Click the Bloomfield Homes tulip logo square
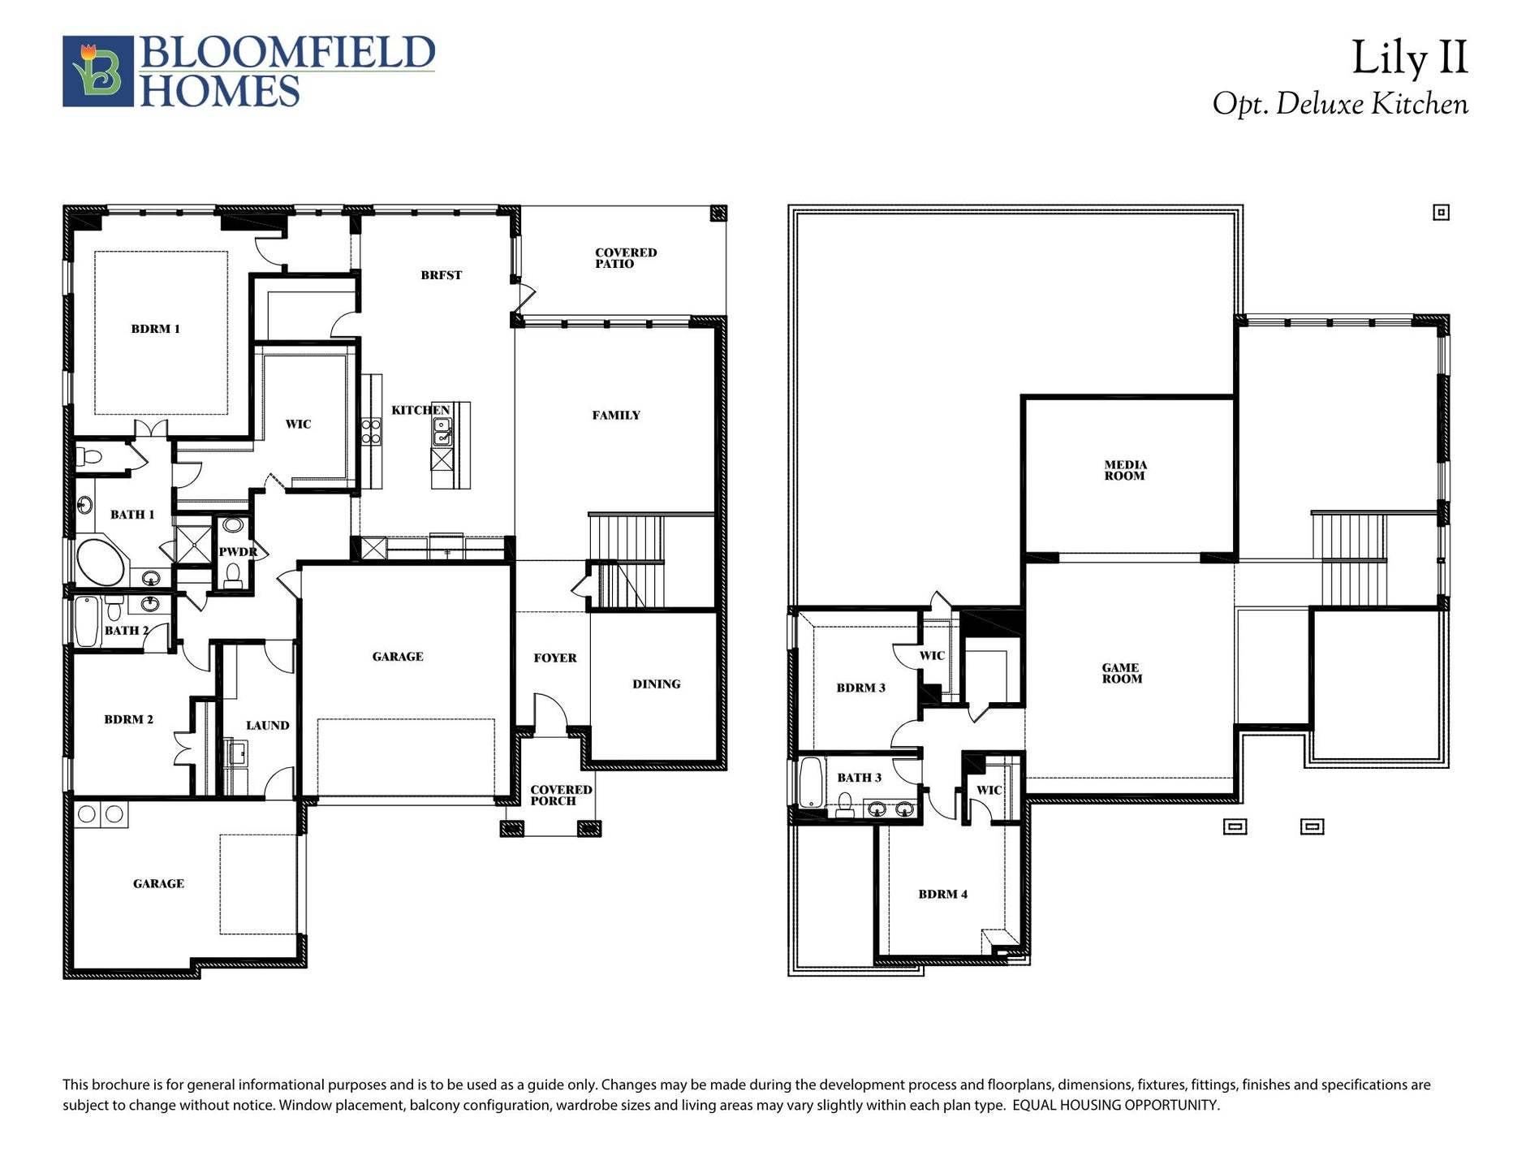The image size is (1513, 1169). pos(98,71)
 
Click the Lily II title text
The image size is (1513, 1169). pos(1409,58)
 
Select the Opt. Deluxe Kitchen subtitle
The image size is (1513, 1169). pos(1340,105)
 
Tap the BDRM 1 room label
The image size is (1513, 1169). pos(156,329)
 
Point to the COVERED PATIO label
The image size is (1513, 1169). pos(625,258)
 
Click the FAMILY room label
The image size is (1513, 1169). pos(616,416)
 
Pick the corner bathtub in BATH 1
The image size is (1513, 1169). pos(100,560)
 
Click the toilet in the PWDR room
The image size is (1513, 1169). pos(234,576)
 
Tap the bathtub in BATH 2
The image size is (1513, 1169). pos(87,621)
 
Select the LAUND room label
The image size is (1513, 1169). pos(267,726)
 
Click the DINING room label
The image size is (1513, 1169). pos(656,684)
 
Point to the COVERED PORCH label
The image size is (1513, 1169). pos(560,795)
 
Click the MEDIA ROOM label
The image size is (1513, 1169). pos(1125,470)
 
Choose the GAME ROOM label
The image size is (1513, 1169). pos(1122,673)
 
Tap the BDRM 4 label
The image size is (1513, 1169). pos(942,895)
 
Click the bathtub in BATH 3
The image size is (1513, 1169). pos(812,781)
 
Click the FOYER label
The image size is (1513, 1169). pos(555,658)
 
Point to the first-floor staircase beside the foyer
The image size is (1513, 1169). pos(626,560)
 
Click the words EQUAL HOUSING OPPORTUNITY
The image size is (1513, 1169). pos(1115,1106)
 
